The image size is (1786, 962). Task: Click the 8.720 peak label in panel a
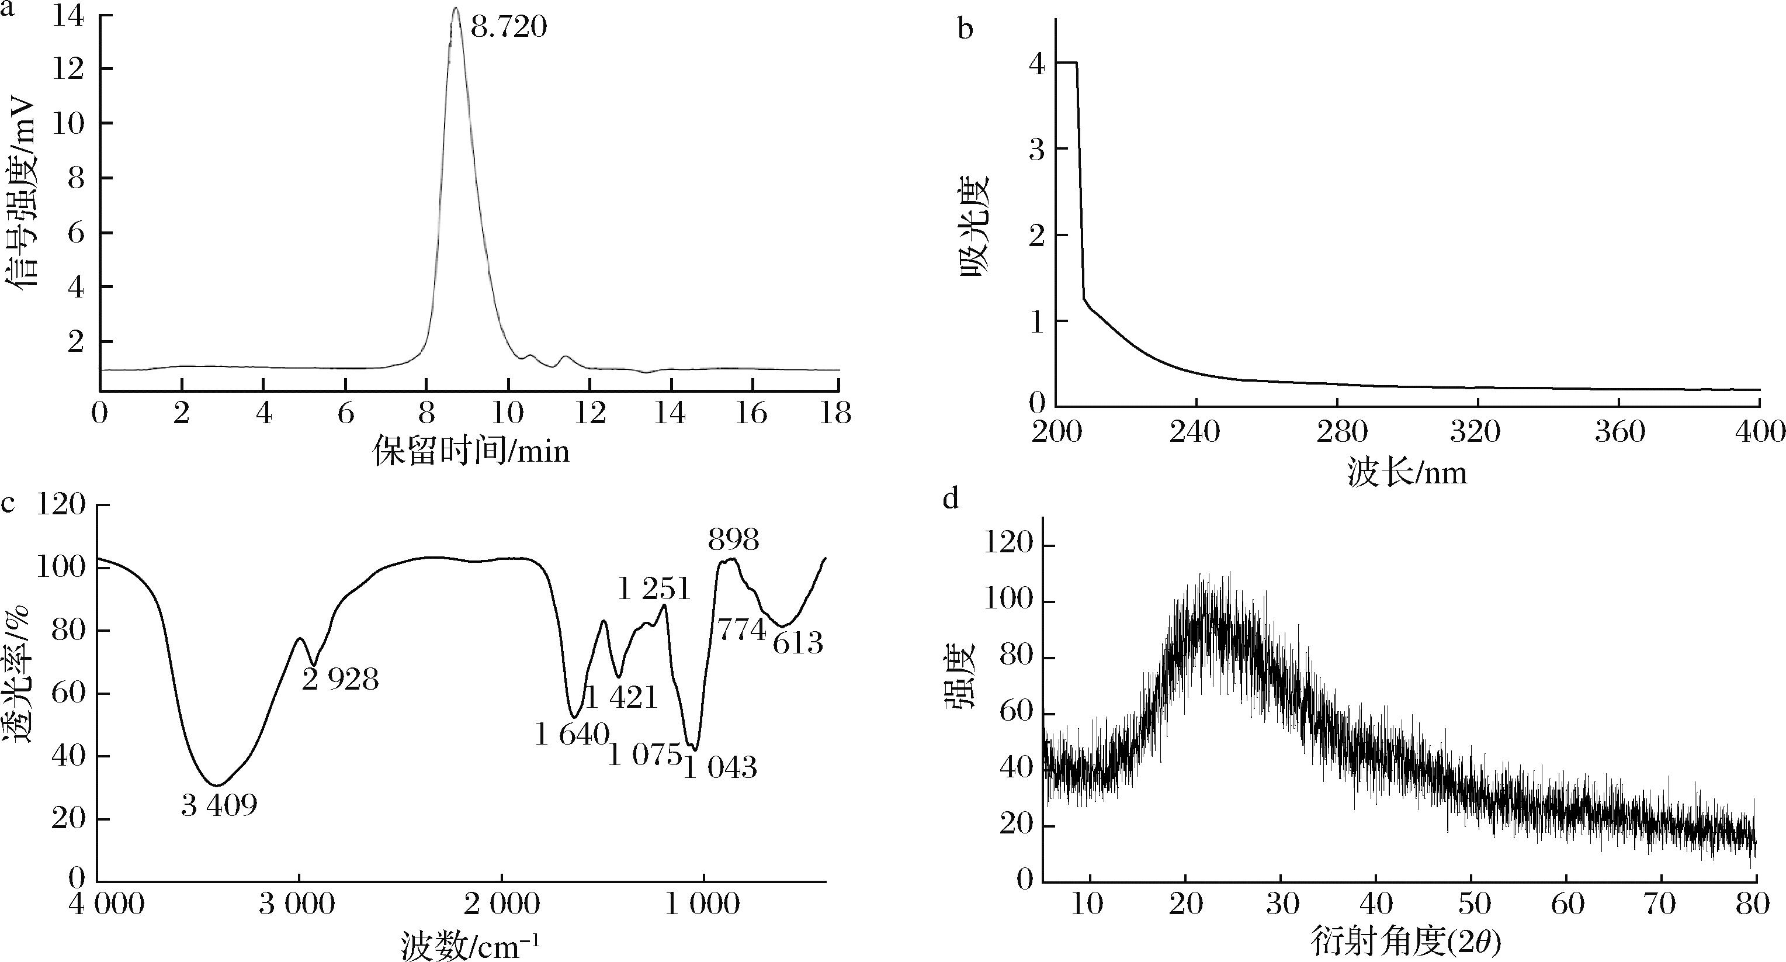click(x=509, y=27)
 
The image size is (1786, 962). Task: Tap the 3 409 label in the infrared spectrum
click(x=219, y=805)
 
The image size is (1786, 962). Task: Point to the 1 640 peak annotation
click(x=572, y=735)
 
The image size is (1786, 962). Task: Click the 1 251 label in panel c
click(x=654, y=590)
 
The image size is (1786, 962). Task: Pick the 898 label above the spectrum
click(x=733, y=539)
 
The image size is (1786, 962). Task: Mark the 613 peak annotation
click(x=798, y=643)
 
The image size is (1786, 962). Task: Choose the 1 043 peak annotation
click(x=720, y=768)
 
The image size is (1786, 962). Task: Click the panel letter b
click(x=965, y=29)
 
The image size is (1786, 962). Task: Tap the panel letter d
click(x=951, y=498)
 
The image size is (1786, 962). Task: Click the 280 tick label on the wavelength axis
click(x=1338, y=432)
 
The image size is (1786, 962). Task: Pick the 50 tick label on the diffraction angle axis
click(x=1473, y=904)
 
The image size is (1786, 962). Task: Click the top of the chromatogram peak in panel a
click(x=456, y=8)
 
